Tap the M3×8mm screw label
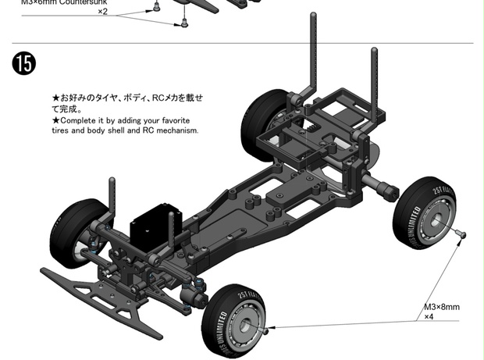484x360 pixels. pyautogui.click(x=441, y=308)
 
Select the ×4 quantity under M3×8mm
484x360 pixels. pyautogui.click(x=429, y=317)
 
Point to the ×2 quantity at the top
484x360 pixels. pyautogui.click(x=102, y=12)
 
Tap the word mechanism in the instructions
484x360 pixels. pyautogui.click(x=179, y=130)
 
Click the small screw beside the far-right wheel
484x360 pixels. pyautogui.click(x=461, y=233)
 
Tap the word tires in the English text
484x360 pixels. pyautogui.click(x=64, y=130)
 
